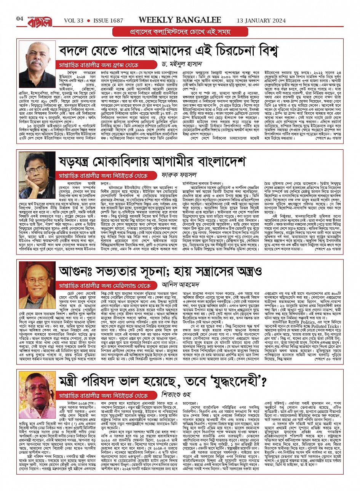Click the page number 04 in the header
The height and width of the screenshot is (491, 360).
[20, 19]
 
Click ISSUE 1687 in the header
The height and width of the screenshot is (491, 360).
[108, 19]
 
